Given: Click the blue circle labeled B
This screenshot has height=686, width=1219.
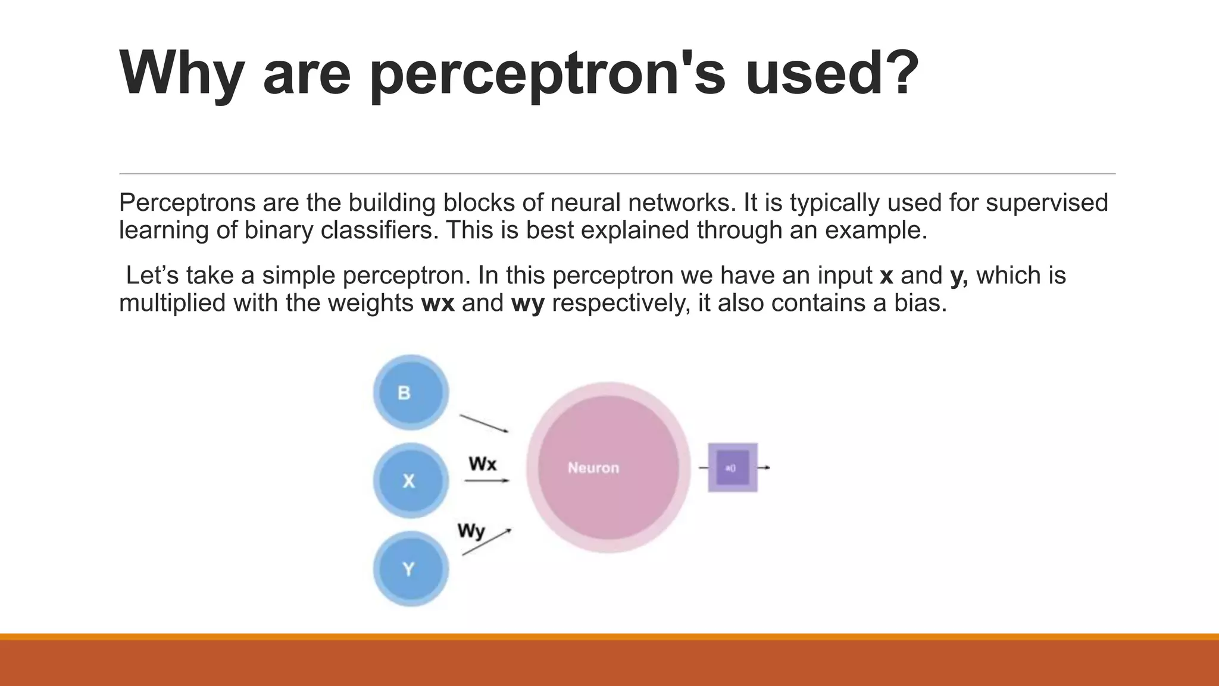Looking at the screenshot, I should [411, 392].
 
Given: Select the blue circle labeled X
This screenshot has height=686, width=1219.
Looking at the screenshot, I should [411, 481].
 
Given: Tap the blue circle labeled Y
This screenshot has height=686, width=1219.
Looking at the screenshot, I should [411, 569].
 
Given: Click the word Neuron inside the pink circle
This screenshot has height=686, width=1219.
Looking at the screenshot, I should [593, 468].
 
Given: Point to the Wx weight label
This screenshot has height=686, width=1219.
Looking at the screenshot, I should [482, 463].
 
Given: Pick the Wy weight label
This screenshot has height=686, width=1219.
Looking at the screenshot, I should [471, 530].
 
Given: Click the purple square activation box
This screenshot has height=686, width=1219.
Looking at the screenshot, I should [733, 467].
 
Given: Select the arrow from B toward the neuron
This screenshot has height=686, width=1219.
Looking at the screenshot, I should [484, 423].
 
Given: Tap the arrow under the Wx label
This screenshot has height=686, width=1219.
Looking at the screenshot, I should [487, 481].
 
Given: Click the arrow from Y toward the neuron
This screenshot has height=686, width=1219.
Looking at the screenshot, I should [486, 542].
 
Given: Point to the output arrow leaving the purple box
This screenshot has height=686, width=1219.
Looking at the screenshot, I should [764, 467].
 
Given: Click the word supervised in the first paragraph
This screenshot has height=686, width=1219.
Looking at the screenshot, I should [1047, 203].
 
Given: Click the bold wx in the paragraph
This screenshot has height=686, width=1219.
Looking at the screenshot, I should [437, 303].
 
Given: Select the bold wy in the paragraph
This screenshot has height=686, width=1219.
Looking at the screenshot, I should [528, 303].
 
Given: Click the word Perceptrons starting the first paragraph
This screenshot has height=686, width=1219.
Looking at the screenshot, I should [187, 203].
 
